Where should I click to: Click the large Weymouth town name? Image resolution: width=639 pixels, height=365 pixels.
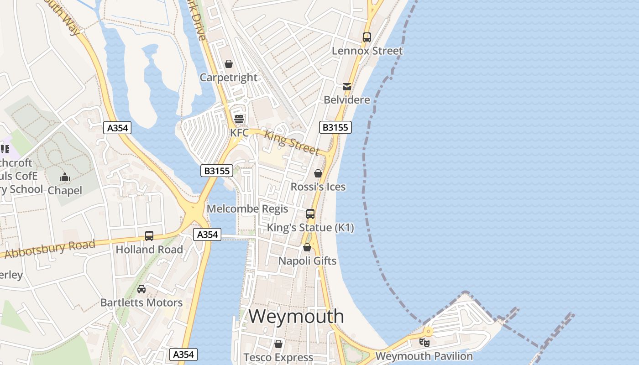pyautogui.click(x=296, y=316)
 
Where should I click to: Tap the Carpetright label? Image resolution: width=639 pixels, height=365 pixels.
pyautogui.click(x=229, y=78)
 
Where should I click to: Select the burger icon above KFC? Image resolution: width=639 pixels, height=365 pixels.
pyautogui.click(x=239, y=119)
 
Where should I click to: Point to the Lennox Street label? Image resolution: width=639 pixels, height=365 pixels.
pyautogui.click(x=367, y=51)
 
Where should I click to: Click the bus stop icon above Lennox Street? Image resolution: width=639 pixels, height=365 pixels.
pyautogui.click(x=367, y=37)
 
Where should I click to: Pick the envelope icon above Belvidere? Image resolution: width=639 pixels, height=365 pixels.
pyautogui.click(x=347, y=86)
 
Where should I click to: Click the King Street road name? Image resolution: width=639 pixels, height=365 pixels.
pyautogui.click(x=292, y=142)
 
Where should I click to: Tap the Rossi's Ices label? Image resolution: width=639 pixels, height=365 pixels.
pyautogui.click(x=318, y=187)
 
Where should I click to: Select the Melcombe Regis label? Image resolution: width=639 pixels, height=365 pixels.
pyautogui.click(x=247, y=209)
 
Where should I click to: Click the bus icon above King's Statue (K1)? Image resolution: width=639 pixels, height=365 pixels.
pyautogui.click(x=310, y=214)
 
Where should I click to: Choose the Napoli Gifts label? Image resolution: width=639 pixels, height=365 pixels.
pyautogui.click(x=307, y=261)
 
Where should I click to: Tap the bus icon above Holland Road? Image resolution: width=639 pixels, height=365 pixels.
pyautogui.click(x=149, y=236)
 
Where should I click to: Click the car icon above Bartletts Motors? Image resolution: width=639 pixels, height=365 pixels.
pyautogui.click(x=141, y=289)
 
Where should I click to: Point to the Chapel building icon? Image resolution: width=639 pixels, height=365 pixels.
pyautogui.click(x=65, y=177)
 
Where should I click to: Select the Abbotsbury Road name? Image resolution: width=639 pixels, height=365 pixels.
pyautogui.click(x=50, y=249)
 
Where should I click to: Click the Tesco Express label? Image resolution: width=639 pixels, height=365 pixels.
pyautogui.click(x=278, y=357)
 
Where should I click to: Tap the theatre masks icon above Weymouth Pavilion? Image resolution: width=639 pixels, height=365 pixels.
pyautogui.click(x=424, y=342)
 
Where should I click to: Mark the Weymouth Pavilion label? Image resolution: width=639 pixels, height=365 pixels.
pyautogui.click(x=424, y=356)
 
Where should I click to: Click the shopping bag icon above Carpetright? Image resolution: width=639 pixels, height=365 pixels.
pyautogui.click(x=229, y=64)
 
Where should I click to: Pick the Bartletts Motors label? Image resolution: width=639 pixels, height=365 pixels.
pyautogui.click(x=141, y=302)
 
